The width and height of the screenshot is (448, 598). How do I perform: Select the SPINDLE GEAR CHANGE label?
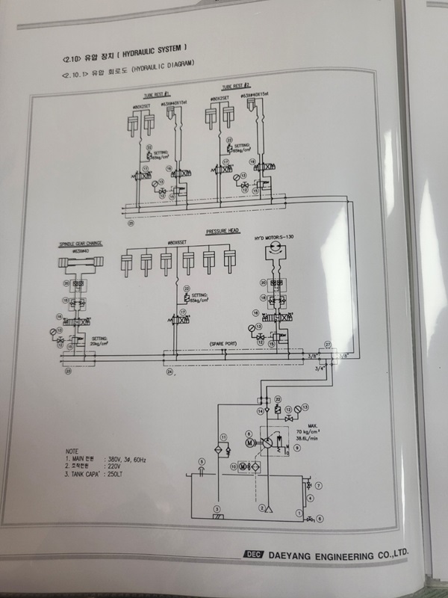point(79,243)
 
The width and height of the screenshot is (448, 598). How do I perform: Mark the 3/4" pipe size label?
point(320,369)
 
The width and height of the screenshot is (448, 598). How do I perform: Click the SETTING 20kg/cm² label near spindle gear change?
point(101,340)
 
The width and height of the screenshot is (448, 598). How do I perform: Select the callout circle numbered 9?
point(296,449)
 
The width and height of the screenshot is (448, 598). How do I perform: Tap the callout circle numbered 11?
point(222,436)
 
